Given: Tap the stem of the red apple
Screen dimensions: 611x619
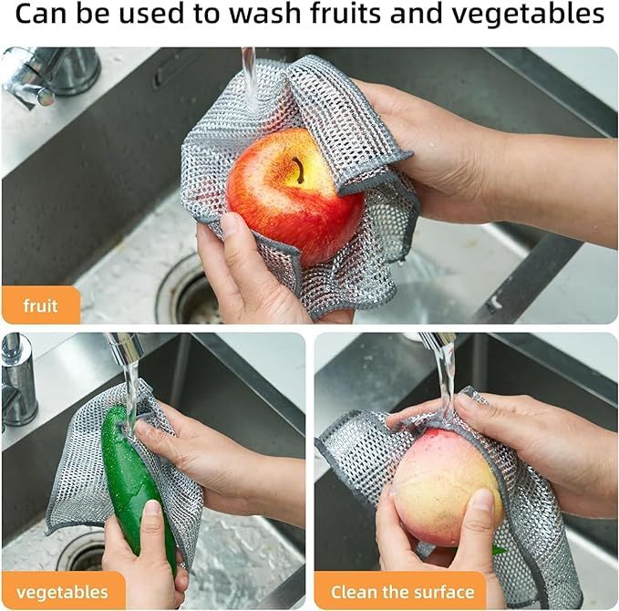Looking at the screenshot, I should coord(298,170).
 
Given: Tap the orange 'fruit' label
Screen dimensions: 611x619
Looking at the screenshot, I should coord(40,305).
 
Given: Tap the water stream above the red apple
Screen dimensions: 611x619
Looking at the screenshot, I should coord(248,73).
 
